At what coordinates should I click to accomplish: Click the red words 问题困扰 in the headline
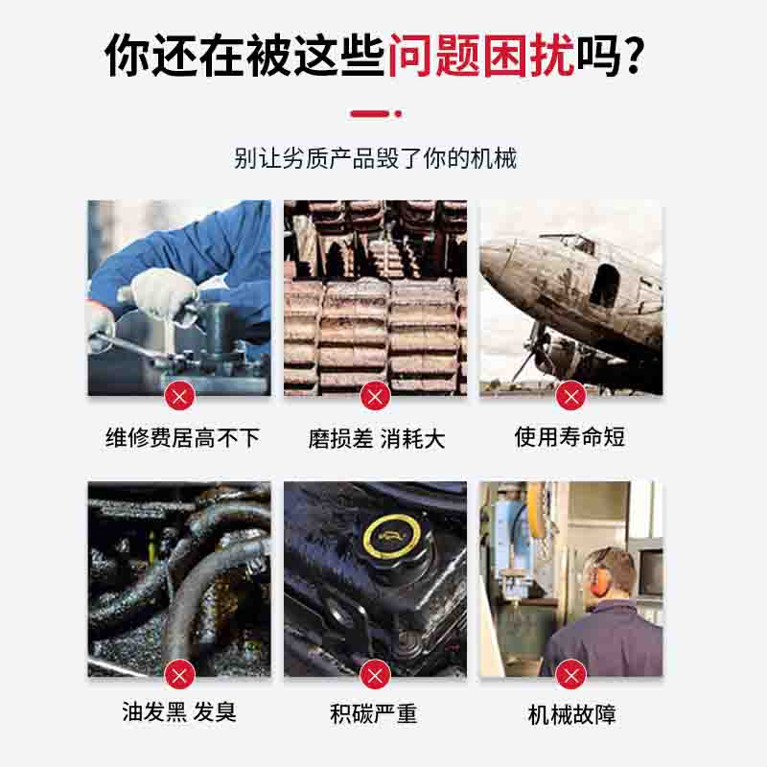coord(481,56)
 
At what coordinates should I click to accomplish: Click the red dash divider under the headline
coord(376,114)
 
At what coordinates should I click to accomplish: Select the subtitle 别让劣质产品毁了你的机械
coord(375,158)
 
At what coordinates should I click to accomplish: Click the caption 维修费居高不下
coord(182,437)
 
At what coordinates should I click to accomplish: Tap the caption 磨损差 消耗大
coord(376,438)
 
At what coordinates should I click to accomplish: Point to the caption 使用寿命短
coord(569,436)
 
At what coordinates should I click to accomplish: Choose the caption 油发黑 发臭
coord(179,711)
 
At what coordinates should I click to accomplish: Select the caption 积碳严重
coord(374,713)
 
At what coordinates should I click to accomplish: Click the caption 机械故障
coord(571,714)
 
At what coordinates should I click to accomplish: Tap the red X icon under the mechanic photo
coord(179,395)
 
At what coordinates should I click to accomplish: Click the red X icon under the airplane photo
coord(570,395)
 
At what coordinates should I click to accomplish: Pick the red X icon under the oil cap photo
coord(375,675)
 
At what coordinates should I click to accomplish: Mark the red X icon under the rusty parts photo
coord(375,395)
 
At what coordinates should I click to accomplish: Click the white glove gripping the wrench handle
coord(163,292)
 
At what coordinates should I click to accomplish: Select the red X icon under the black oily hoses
coord(179,675)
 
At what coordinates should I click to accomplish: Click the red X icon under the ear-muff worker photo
coord(570,675)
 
